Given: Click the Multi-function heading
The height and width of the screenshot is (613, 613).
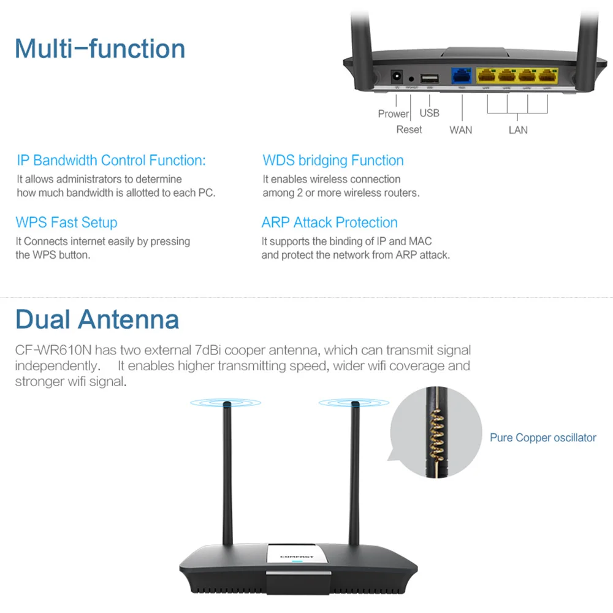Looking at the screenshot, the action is pos(100,48).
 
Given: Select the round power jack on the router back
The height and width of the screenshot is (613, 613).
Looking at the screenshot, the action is pos(396,78).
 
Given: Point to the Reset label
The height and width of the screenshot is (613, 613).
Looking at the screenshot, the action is pos(409,129).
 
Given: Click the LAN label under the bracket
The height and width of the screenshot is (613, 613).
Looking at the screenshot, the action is pos(518,129).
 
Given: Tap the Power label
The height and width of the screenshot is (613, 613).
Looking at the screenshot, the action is pos(393,113).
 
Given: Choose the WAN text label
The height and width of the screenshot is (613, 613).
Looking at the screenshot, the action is pos(461,129).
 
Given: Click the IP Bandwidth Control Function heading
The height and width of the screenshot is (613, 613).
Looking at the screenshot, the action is pos(111,161).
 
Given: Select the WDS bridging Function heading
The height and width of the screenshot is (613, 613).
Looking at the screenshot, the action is pos(333,161).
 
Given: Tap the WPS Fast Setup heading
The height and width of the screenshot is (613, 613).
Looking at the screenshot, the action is pos(66,223).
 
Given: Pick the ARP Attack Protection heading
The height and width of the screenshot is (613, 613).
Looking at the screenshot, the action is pos(330,223).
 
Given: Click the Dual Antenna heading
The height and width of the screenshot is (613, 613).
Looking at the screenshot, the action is pos(97,319).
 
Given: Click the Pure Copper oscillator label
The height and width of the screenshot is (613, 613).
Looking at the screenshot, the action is pos(543,438).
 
